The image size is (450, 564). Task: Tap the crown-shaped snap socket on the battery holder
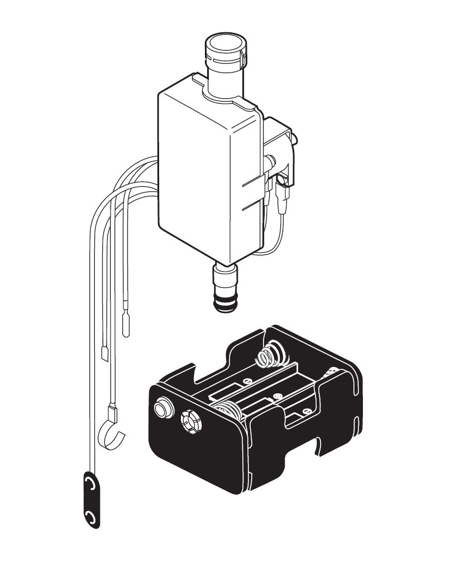(x=192, y=421)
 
